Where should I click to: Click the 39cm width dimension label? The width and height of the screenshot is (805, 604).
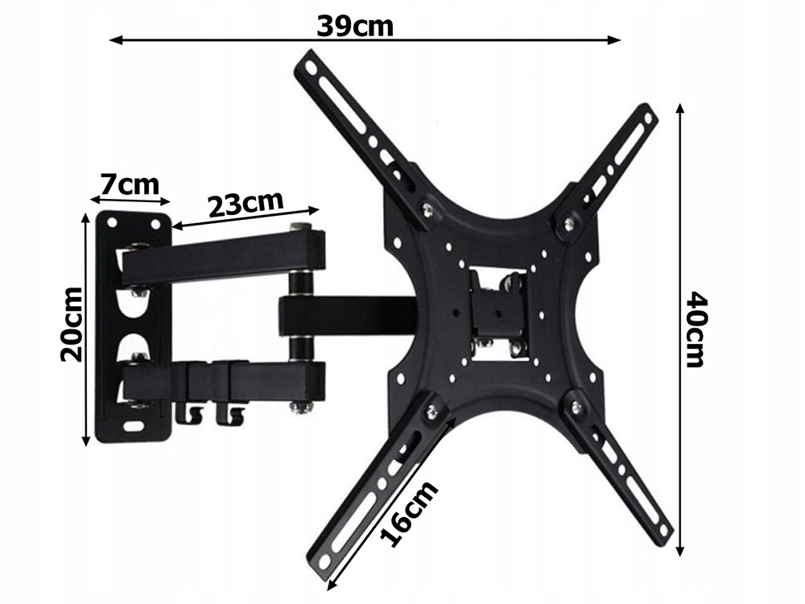pyautogui.click(x=354, y=26)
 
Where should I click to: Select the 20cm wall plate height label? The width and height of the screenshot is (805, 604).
pyautogui.click(x=72, y=324)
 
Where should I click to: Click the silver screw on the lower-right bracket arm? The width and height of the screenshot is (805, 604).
pyautogui.click(x=575, y=407)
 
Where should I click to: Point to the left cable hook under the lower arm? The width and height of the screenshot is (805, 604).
pyautogui.click(x=191, y=414)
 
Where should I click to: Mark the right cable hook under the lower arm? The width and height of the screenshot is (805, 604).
pyautogui.click(x=233, y=414)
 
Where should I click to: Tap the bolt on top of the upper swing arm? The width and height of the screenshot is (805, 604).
pyautogui.click(x=301, y=226)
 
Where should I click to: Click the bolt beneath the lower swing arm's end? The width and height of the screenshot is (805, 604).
pyautogui.click(x=303, y=409)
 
